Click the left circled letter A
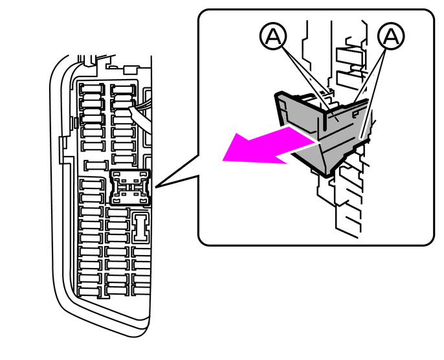[x=273, y=36]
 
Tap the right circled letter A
[x=391, y=36]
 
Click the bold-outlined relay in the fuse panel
[x=130, y=187]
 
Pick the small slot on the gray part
[x=354, y=115]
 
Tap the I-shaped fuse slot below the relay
[x=140, y=227]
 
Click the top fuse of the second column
[x=123, y=90]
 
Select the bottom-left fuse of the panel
[x=90, y=291]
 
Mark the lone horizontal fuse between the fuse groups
[x=96, y=165]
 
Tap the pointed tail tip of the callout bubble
[x=155, y=187]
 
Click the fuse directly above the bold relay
[x=124, y=159]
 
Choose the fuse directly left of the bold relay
[x=91, y=185]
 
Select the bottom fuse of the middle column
[x=117, y=290]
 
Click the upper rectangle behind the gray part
[x=349, y=56]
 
